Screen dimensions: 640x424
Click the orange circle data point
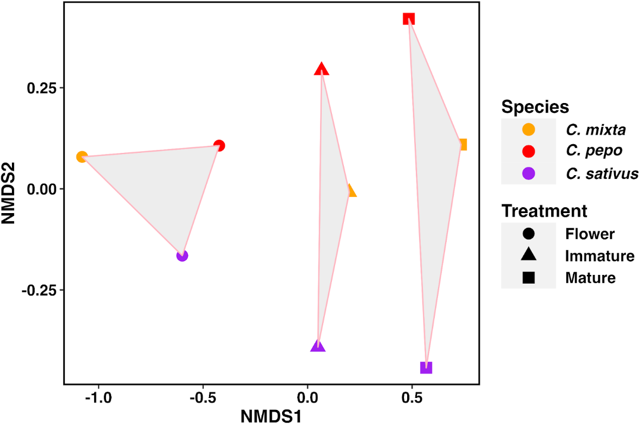82,157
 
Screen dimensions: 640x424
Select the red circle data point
219,145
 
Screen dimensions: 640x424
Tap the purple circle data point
182,255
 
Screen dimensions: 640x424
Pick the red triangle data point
322,69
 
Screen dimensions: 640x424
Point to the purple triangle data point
318,346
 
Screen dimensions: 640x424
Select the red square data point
409,19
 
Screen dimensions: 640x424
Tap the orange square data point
462,145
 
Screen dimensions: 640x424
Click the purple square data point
426,368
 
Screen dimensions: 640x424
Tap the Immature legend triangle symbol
528,255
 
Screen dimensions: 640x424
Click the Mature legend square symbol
528,278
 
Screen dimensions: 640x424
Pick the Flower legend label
590,234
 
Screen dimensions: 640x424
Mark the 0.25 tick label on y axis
42,88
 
